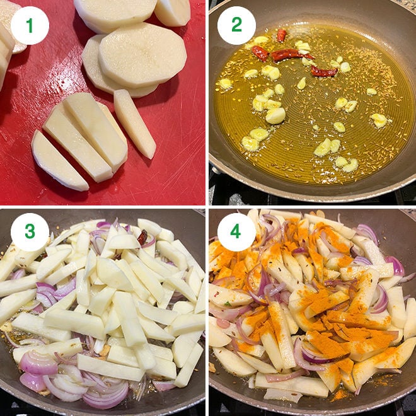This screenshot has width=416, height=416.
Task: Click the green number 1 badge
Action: pos(30,25)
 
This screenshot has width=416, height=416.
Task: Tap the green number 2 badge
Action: pos(236,25)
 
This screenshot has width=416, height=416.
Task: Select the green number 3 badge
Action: pos(30,232)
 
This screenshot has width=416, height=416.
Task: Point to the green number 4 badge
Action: pos(236,232)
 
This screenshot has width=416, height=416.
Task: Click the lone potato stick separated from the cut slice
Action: pos(135,124)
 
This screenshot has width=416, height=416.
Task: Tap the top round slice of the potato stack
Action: pos(142,54)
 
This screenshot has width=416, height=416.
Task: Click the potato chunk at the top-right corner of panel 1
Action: pos(173,12)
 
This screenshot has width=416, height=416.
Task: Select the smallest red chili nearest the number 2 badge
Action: pos(282,35)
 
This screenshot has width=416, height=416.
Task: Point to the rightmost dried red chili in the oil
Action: pos(324,71)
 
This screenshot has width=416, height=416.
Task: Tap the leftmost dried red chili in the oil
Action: pos(260,53)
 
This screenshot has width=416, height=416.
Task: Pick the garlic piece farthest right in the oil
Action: pos(379,120)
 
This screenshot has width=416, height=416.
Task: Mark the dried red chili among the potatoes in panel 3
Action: pos(142,237)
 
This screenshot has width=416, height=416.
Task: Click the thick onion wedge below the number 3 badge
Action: pos(38,363)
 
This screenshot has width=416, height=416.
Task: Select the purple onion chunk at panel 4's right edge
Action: pos(396,266)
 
